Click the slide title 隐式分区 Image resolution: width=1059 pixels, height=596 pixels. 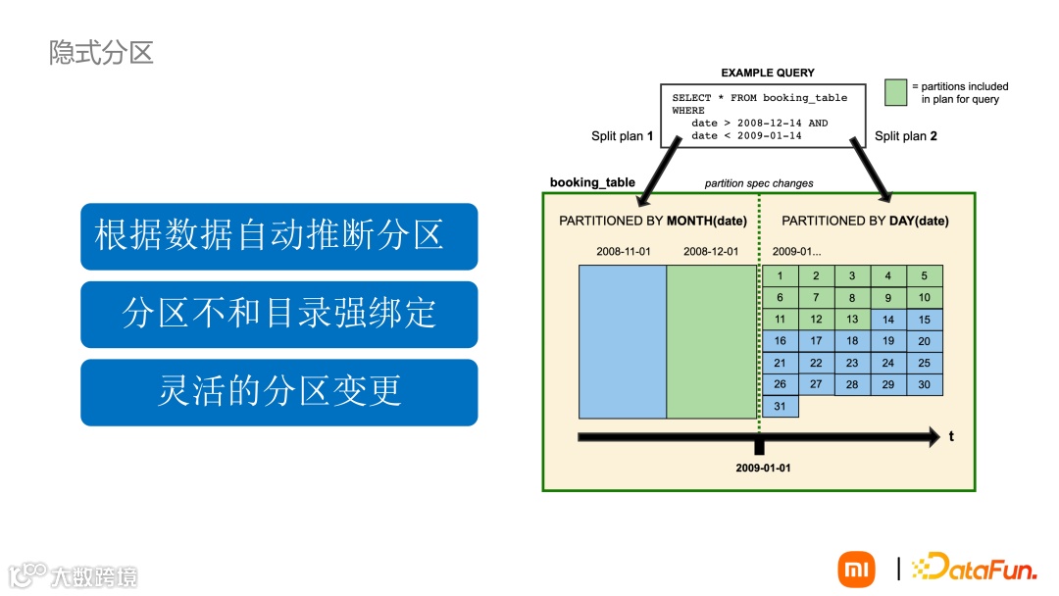[102, 52]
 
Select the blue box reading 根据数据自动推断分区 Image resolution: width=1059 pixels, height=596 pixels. [278, 236]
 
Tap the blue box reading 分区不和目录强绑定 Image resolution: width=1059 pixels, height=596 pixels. [278, 314]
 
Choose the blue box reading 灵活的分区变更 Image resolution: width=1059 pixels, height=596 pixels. [278, 392]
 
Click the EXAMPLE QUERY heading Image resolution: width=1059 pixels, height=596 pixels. [768, 74]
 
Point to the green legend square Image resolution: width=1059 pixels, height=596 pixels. [896, 92]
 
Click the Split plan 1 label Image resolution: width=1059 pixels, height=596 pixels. [623, 136]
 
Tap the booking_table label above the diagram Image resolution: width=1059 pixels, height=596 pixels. [592, 182]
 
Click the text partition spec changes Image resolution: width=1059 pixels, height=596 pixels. [759, 183]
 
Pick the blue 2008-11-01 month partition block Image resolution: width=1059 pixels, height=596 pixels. [623, 341]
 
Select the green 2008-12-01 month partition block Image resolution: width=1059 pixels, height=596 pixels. [712, 341]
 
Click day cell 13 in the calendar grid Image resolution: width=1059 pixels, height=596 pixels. [852, 320]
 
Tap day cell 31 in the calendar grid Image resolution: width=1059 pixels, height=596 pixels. [781, 407]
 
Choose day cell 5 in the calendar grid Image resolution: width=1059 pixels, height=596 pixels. [924, 275]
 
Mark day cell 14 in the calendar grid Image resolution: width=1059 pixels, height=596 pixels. [888, 320]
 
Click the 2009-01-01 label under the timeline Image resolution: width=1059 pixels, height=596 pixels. [763, 468]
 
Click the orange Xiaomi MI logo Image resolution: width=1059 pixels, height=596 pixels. [856, 569]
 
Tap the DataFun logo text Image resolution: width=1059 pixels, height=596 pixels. [979, 568]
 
